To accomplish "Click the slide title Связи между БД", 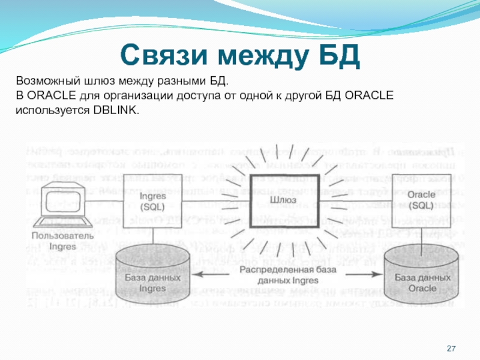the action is pyautogui.click(x=240, y=55).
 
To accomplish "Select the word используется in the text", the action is pyautogui.click(x=53, y=110).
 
